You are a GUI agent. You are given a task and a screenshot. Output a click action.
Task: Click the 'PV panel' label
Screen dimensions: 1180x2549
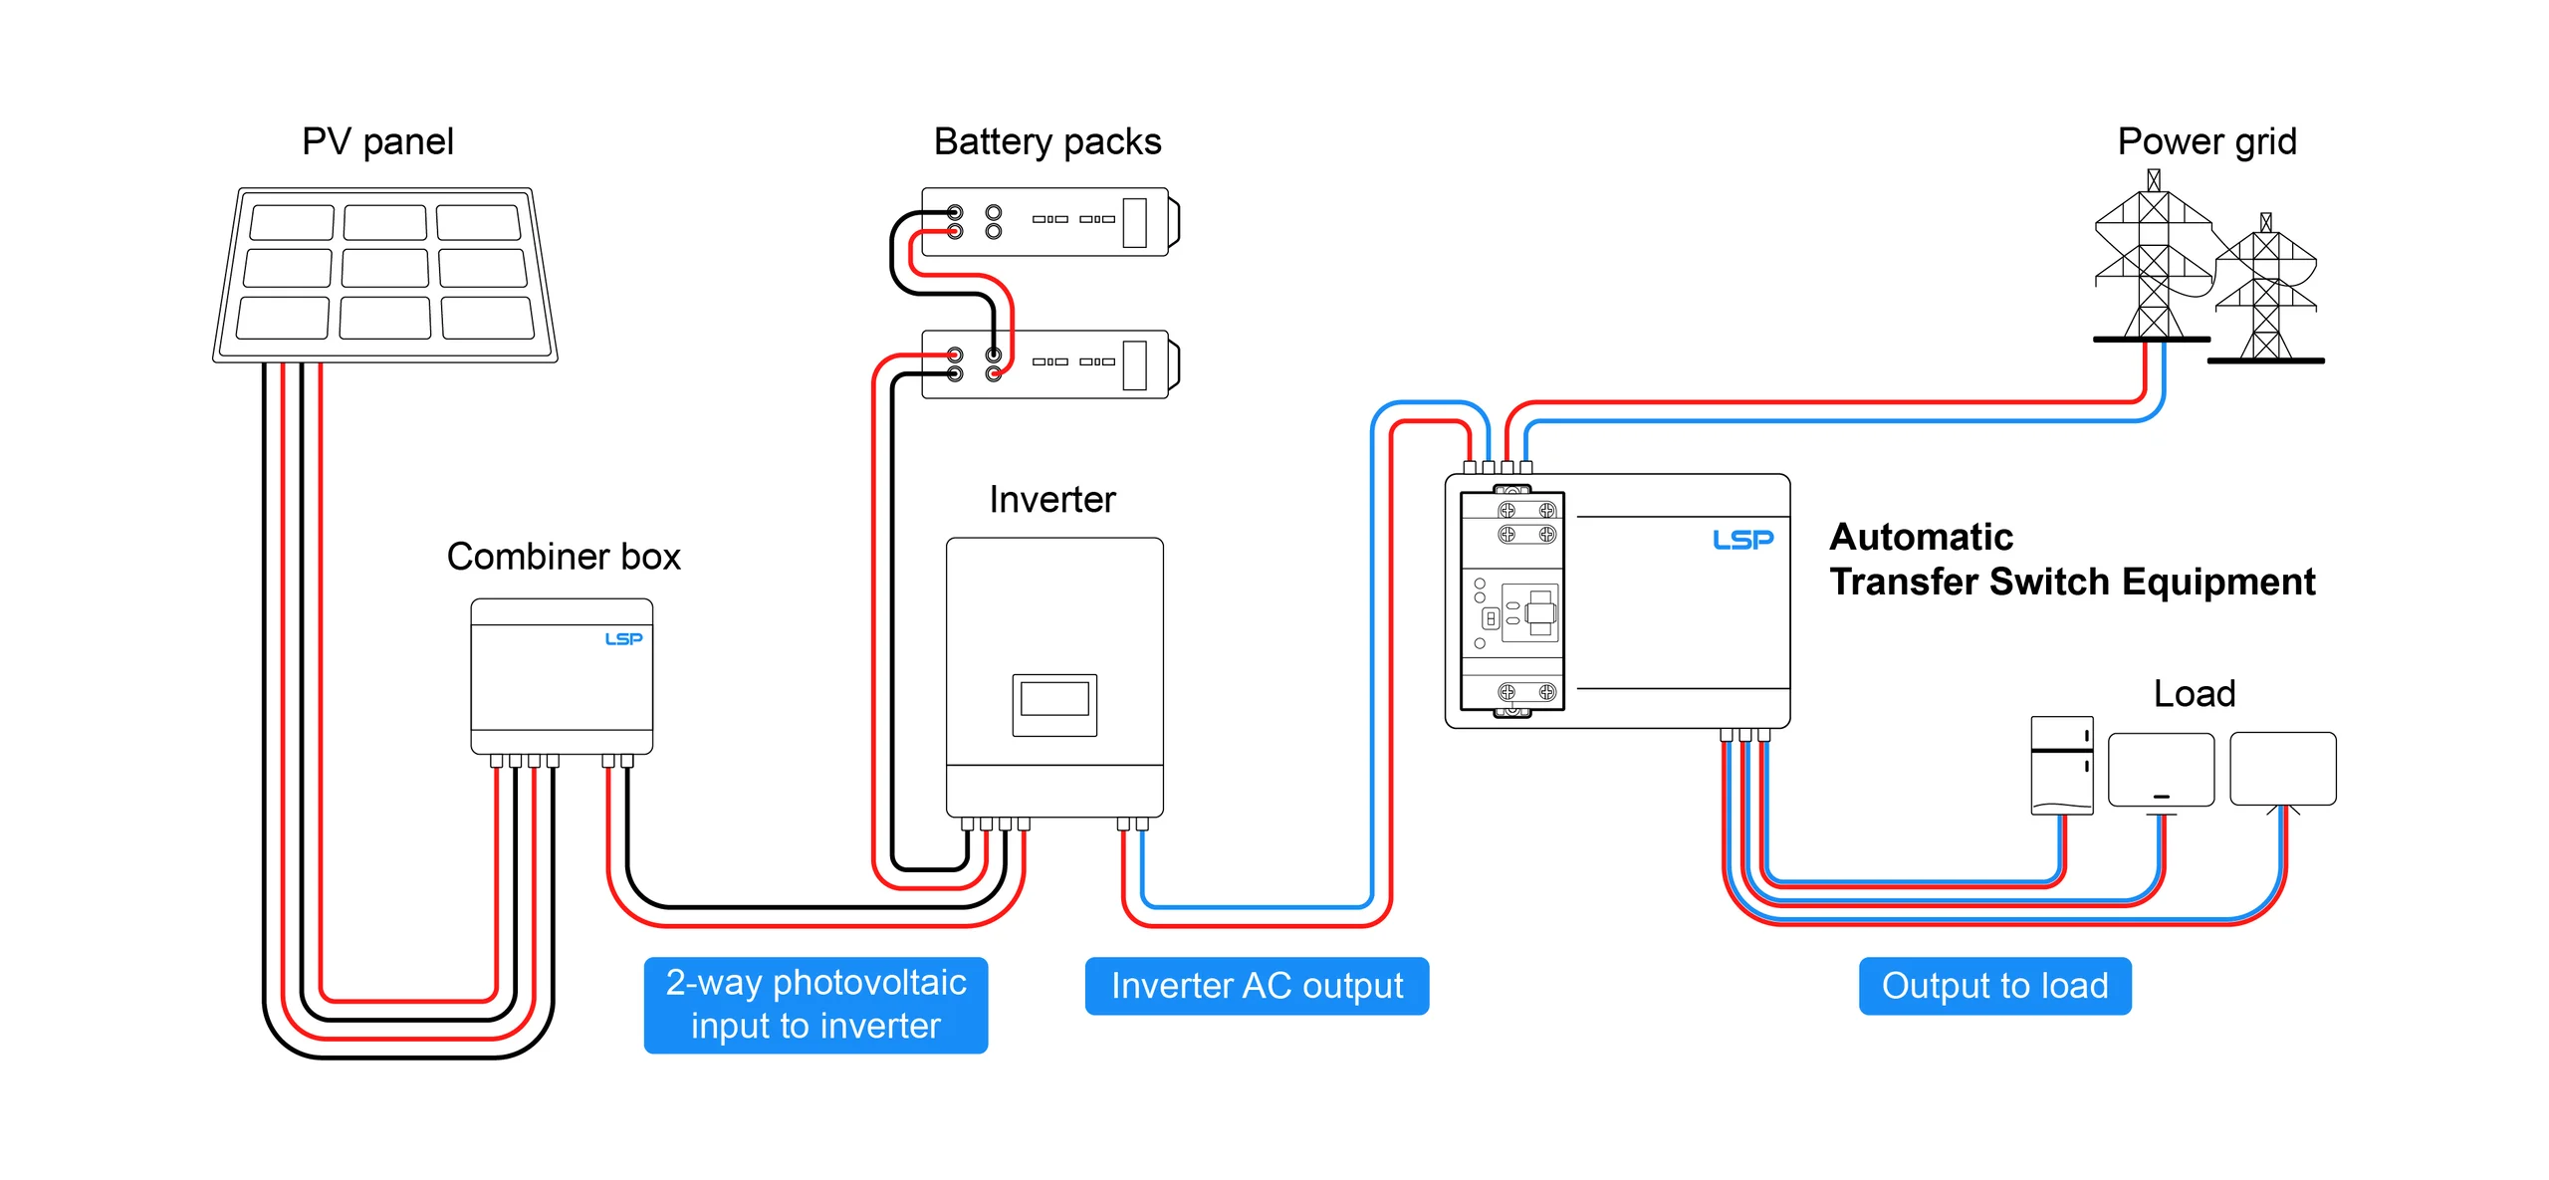[377, 141]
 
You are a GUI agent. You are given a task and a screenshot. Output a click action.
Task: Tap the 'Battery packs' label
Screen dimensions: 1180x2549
[1046, 141]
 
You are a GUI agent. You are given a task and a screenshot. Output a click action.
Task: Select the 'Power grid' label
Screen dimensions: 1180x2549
[2205, 141]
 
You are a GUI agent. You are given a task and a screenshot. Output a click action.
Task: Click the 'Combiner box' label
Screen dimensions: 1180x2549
[563, 557]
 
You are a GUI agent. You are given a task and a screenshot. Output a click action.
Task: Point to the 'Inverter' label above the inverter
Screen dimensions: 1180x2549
[1051, 499]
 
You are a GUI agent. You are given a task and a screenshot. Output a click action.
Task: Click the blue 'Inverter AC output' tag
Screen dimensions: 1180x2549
[1257, 986]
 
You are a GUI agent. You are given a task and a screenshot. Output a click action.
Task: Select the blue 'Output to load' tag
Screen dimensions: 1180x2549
[1994, 986]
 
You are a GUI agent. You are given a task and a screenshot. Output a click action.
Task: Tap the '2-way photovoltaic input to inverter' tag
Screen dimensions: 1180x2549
[815, 1005]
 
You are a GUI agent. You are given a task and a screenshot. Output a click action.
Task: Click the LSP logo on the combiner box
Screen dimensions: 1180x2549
[623, 639]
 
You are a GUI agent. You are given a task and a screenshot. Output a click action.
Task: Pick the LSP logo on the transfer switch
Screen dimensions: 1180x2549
[1742, 540]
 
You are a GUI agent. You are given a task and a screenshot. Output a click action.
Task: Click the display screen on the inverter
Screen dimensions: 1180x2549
[1054, 700]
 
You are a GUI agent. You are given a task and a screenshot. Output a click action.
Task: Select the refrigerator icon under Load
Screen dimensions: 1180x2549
[2061, 765]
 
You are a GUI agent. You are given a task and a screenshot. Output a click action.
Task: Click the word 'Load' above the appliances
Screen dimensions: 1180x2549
[2194, 693]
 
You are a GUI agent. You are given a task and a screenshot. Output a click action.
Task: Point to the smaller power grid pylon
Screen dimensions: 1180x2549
[2266, 294]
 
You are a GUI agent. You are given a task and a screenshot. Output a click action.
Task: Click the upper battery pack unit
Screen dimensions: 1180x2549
[1045, 222]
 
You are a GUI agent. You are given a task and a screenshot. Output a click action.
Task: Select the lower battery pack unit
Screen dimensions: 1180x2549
[1045, 364]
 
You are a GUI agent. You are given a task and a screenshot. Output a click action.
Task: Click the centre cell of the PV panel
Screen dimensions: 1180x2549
[385, 269]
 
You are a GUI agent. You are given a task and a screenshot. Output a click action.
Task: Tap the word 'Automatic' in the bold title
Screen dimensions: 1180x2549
[1921, 537]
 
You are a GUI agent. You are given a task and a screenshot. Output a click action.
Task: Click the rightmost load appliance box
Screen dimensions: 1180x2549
[2282, 769]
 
